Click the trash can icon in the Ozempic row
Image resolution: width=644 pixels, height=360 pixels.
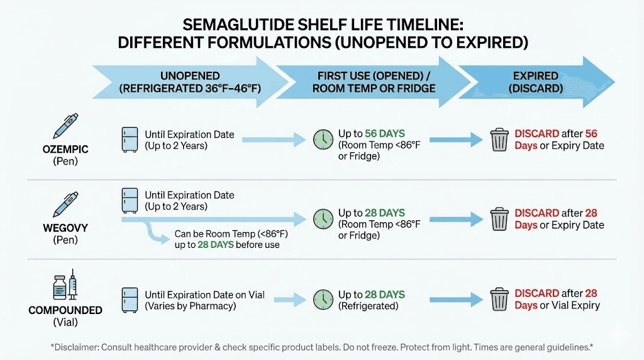tap(499, 140)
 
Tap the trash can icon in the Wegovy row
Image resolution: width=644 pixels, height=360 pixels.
tap(499, 219)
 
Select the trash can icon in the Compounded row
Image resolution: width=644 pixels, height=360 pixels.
tap(499, 300)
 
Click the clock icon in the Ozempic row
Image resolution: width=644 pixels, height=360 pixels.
tap(323, 140)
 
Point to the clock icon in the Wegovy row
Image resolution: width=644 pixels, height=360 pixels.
tap(323, 219)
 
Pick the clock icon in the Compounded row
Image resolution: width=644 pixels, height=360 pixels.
tap(323, 300)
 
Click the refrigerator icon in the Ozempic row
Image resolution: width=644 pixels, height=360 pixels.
tap(130, 139)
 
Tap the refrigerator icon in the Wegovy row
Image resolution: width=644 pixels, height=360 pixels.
tap(130, 200)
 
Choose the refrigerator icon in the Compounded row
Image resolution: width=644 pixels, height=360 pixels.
tap(130, 300)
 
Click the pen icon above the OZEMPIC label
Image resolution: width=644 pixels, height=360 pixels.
tap(65, 126)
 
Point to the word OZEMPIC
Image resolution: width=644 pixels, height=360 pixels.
tap(65, 149)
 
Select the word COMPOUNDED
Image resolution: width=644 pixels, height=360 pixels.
tap(65, 310)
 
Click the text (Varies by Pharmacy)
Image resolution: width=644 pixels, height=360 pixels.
tap(190, 306)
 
